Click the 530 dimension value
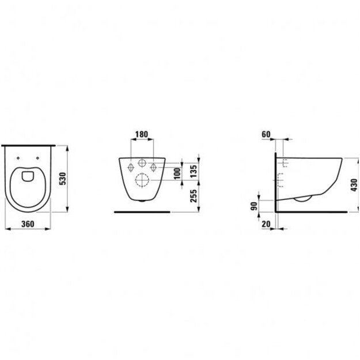tap(64, 179)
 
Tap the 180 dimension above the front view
tap(141, 135)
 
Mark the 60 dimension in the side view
tap(266, 134)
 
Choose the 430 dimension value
tap(354, 184)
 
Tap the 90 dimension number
tap(254, 206)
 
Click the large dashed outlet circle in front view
tap(142, 180)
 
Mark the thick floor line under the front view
tap(142, 212)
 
